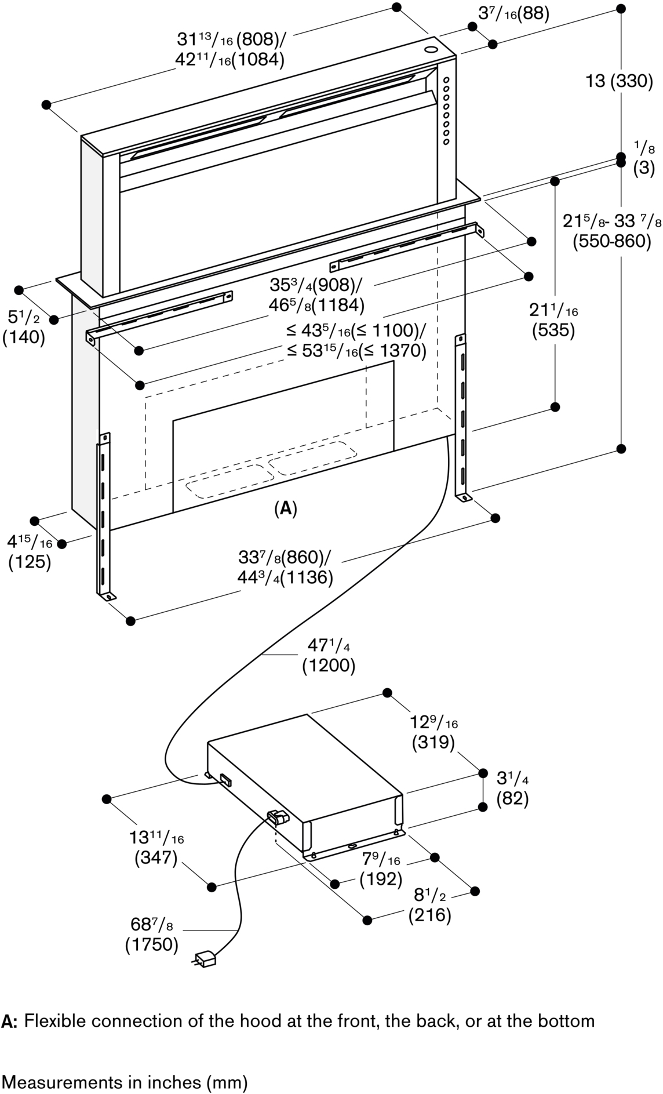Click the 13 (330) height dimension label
[618, 81]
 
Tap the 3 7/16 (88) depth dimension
[513, 13]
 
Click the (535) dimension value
[553, 330]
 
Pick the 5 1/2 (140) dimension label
[23, 327]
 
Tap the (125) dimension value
[30, 562]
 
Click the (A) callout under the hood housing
[285, 509]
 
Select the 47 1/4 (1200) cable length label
[328, 656]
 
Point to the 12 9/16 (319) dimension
[434, 732]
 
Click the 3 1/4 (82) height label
[512, 788]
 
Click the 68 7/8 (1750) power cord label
[152, 935]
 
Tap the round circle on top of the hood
[432, 50]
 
